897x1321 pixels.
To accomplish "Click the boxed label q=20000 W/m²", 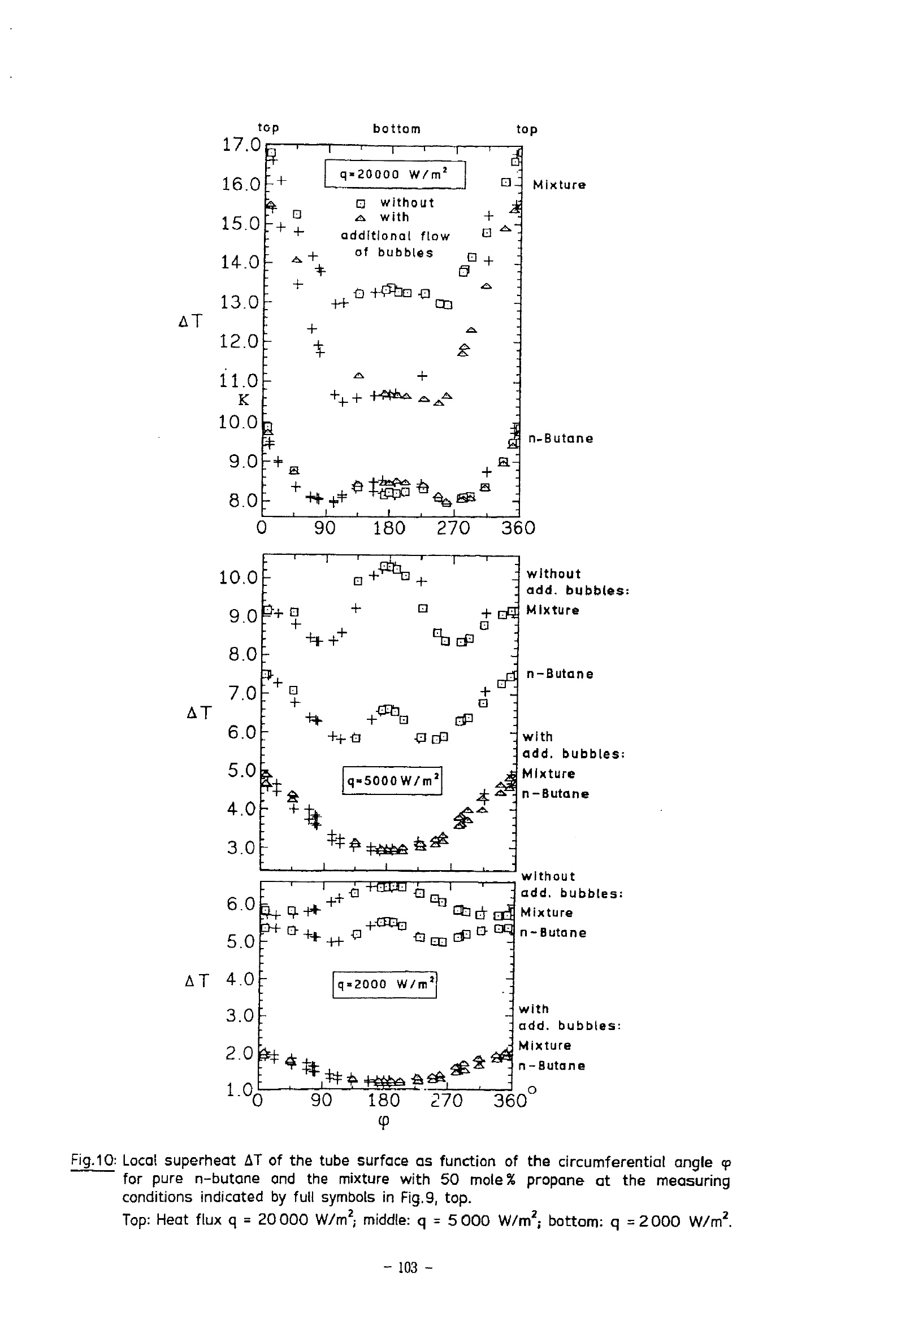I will click(395, 175).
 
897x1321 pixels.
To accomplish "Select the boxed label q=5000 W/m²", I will click(392, 780).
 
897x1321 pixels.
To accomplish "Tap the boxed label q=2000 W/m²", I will click(384, 984).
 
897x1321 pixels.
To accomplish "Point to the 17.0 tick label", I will click(241, 145).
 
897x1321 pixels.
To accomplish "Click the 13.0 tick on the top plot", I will click(240, 302).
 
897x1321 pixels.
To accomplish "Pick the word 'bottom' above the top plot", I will click(396, 129).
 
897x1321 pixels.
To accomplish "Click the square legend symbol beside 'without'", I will click(359, 203).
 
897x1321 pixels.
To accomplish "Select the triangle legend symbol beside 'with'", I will click(359, 218).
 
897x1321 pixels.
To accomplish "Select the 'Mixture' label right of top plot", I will click(559, 185).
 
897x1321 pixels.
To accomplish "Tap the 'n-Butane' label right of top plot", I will click(561, 438).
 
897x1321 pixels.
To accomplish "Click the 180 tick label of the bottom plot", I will click(384, 1101).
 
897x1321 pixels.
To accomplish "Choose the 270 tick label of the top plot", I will click(453, 528).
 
